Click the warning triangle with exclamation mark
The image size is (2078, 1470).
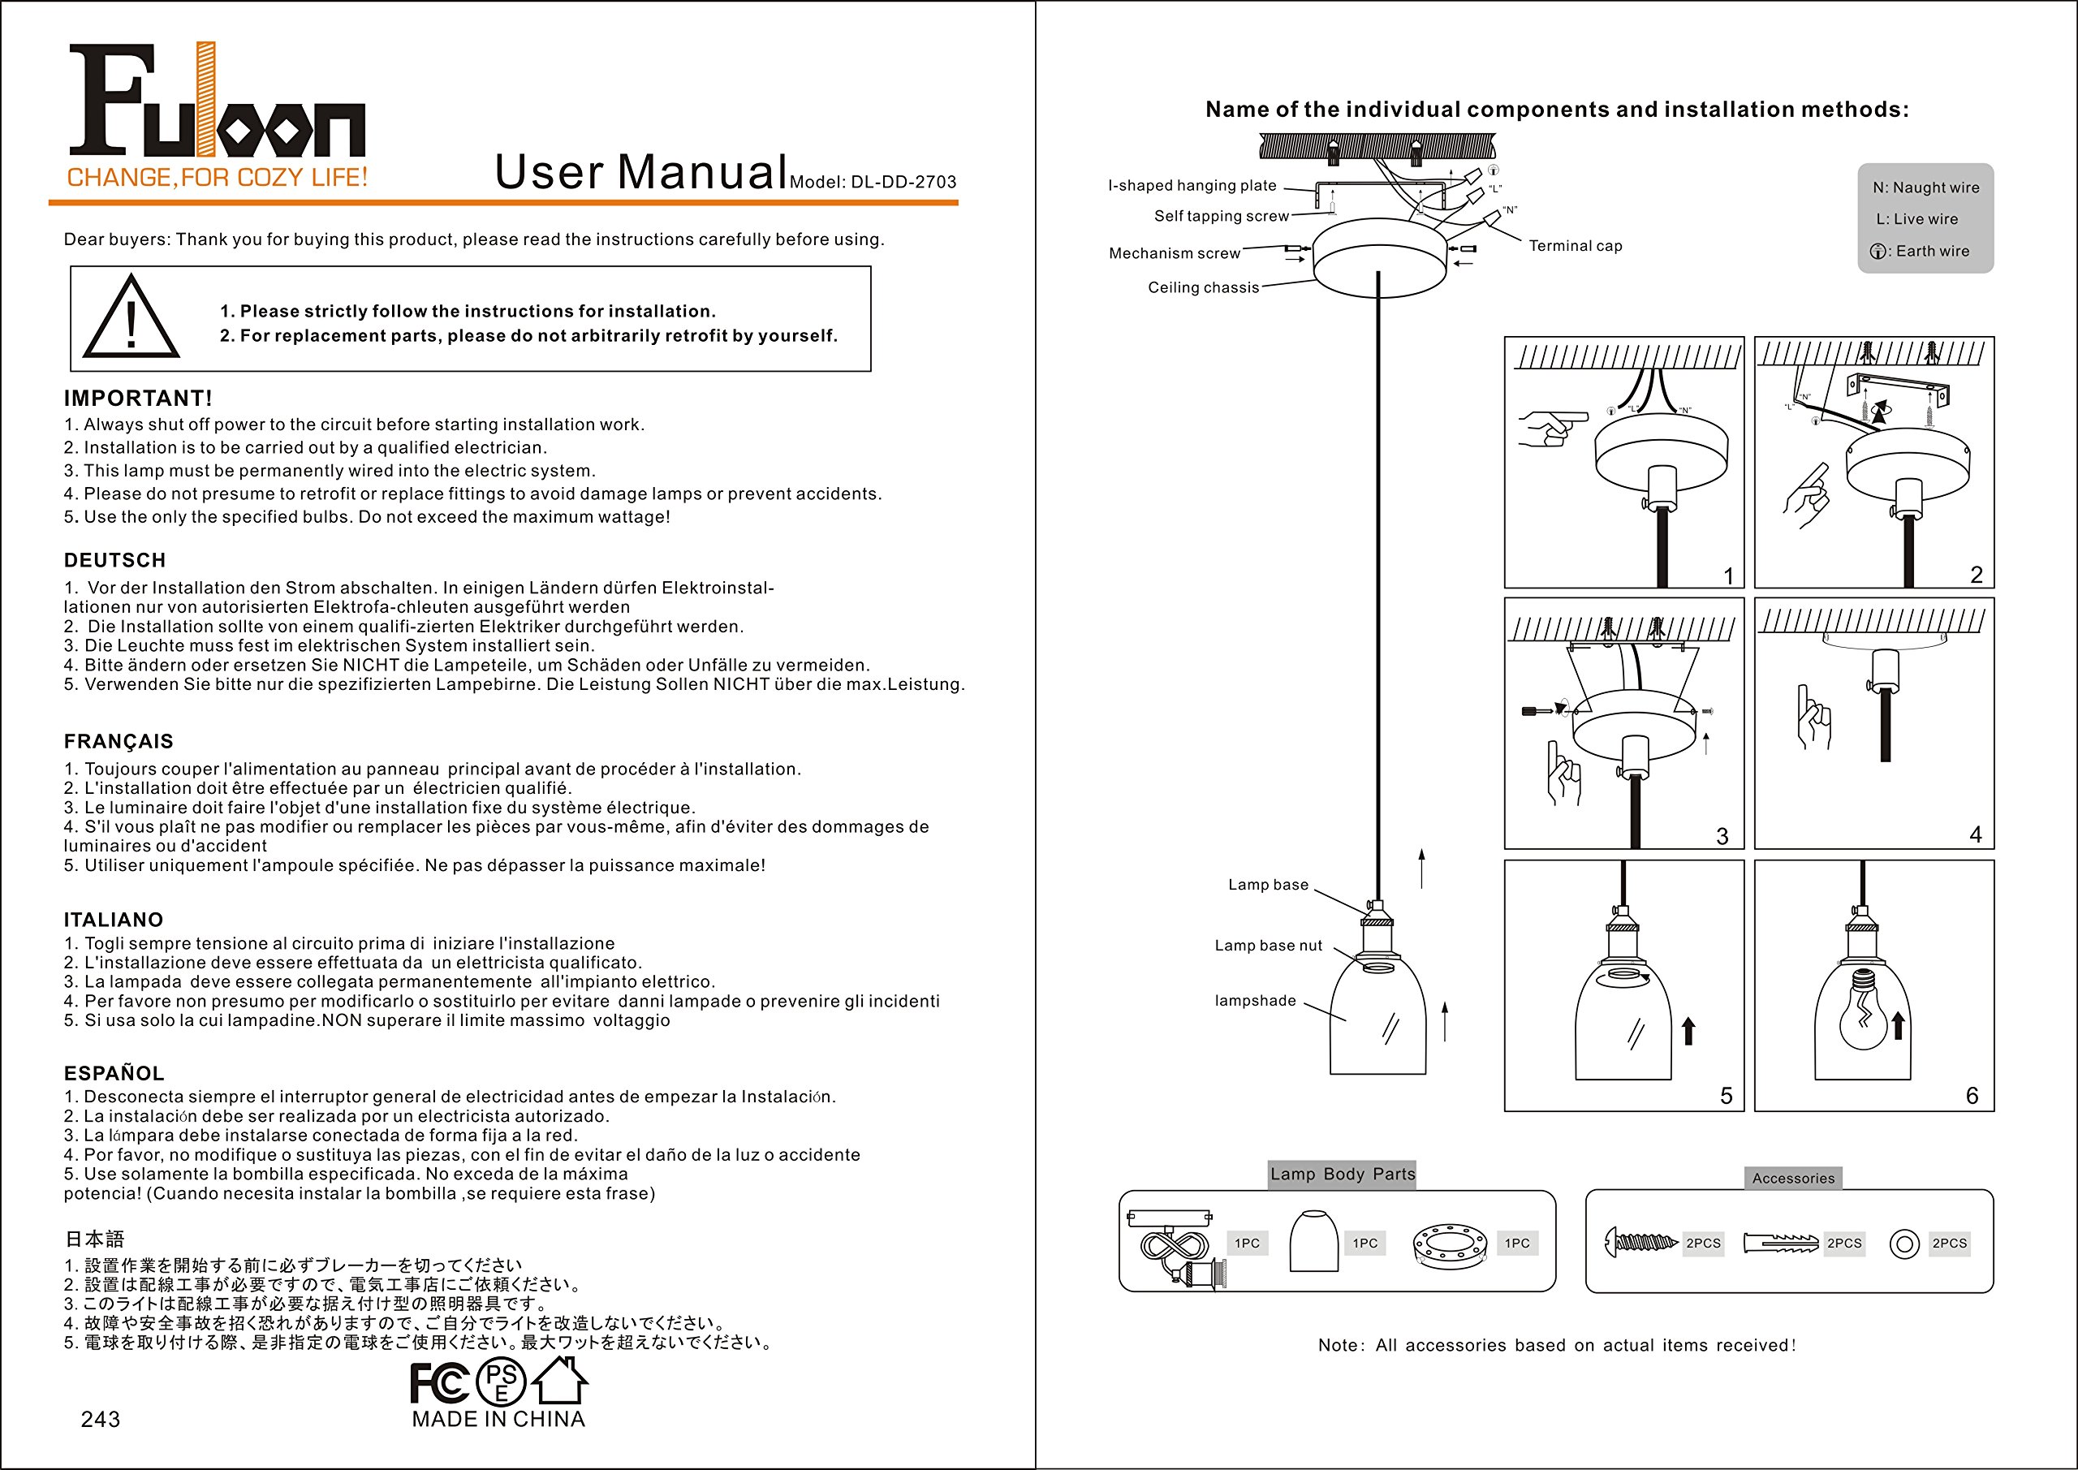pos(131,319)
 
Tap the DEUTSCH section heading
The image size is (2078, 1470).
pos(115,560)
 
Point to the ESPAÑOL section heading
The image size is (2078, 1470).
pos(114,1074)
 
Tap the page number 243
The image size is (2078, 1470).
pos(101,1420)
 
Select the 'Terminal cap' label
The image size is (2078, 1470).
pos(1575,246)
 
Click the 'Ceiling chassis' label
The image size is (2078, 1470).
pos(1203,288)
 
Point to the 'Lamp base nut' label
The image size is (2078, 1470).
pos(1268,946)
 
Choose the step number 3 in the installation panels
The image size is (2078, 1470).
pos(1722,836)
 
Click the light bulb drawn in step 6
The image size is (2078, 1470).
pos(1864,1013)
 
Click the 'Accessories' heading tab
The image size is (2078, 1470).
pos(1793,1179)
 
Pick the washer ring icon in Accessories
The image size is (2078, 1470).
pos(1904,1244)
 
